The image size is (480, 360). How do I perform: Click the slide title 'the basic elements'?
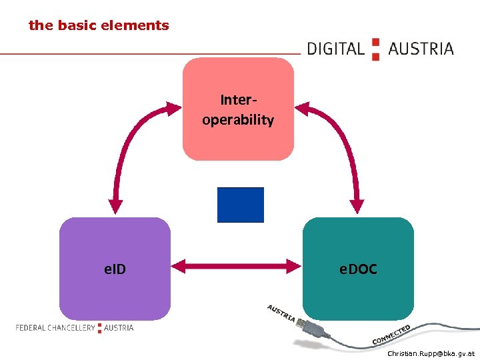pos(99,26)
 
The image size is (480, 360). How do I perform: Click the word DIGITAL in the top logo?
pos(335,49)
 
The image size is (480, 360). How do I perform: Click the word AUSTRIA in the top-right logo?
pos(421,49)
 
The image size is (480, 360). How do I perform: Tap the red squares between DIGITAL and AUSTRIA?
pos(375,49)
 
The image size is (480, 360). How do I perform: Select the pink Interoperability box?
pos(238,140)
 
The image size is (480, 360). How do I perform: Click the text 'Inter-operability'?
pos(238,110)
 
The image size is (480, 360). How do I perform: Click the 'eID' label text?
pos(115,269)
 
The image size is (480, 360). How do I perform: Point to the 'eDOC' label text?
pos(358,269)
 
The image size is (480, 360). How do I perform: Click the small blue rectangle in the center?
pos(240,205)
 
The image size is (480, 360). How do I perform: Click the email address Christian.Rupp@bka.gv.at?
pos(431,353)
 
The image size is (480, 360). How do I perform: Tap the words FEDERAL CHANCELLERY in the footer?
pos(55,328)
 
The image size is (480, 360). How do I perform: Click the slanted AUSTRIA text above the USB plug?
pos(281,313)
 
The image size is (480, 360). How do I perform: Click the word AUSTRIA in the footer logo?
pos(119,328)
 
